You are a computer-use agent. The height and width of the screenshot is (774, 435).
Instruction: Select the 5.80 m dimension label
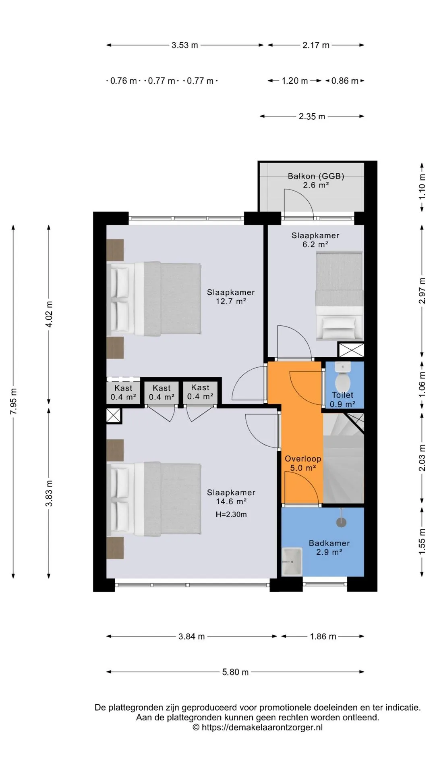coord(235,672)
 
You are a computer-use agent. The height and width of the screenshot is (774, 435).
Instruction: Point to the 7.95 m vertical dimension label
coord(14,401)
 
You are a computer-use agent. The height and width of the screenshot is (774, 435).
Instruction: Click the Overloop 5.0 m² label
coord(303,463)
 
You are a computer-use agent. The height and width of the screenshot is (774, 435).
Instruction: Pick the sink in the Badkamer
coord(292,562)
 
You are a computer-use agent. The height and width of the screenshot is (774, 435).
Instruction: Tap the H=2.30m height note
coord(231,514)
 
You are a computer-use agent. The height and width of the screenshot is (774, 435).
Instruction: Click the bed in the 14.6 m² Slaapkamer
coord(154,499)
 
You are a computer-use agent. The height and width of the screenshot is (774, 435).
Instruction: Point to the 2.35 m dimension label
coord(312,117)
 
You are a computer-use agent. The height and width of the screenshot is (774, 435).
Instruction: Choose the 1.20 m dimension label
coord(295,81)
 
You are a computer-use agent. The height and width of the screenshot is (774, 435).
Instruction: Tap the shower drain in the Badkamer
coord(341,522)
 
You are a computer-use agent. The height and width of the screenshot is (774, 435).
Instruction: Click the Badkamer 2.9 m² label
coord(329,548)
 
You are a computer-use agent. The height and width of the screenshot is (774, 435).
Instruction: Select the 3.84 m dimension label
coord(192,637)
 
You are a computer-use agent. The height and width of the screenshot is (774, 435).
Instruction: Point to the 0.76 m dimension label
coord(124,81)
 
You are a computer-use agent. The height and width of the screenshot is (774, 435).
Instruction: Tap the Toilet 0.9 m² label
coord(342,399)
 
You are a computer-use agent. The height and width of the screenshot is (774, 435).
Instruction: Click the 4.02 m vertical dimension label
coord(50,314)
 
